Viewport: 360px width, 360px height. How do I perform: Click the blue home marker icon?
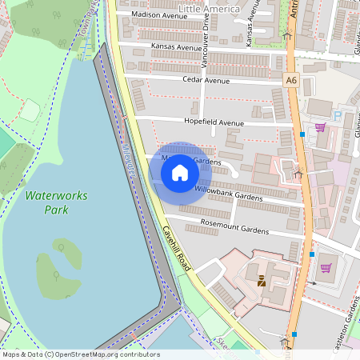coord(180,171)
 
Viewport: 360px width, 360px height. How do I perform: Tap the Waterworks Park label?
coord(46,202)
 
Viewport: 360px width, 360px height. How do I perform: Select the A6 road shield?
coord(290,80)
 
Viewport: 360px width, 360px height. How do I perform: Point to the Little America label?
coord(209,9)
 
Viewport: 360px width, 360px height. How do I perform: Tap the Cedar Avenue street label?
coord(206,81)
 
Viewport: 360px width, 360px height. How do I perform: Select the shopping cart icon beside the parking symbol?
coord(320,127)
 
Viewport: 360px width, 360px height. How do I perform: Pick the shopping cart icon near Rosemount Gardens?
coord(326,268)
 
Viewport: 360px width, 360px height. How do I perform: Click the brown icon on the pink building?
coord(262,280)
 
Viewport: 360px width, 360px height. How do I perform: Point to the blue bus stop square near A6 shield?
coord(302,134)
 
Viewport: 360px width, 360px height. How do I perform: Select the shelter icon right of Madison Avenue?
coord(286,34)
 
